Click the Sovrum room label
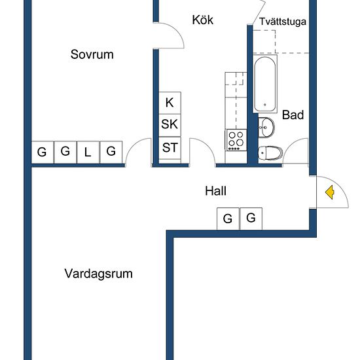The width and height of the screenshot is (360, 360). pyautogui.click(x=92, y=54)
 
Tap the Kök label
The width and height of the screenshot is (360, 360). pyautogui.click(x=202, y=20)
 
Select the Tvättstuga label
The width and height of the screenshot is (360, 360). pyautogui.click(x=283, y=22)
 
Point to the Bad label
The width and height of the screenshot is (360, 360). pyautogui.click(x=293, y=115)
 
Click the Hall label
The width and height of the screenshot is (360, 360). pyautogui.click(x=215, y=191)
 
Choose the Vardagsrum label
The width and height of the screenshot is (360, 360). pyautogui.click(x=98, y=274)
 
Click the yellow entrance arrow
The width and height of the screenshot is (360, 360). pyautogui.click(x=330, y=192)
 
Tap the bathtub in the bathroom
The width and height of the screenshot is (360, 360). pyautogui.click(x=264, y=84)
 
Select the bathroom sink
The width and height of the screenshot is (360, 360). pyautogui.click(x=266, y=128)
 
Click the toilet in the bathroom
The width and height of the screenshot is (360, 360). pyautogui.click(x=270, y=153)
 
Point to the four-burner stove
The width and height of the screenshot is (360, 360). pyautogui.click(x=236, y=140)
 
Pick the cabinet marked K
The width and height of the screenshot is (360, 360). pyautogui.click(x=170, y=103)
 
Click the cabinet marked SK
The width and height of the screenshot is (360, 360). pyautogui.click(x=170, y=125)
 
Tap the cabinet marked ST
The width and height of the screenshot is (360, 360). pyautogui.click(x=170, y=148)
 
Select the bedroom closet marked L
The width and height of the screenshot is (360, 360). pyautogui.click(x=88, y=153)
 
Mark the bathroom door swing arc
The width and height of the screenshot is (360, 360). pyautogui.click(x=290, y=145)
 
